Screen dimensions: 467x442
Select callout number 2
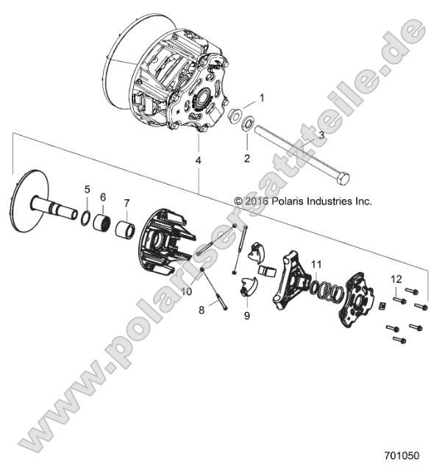247,157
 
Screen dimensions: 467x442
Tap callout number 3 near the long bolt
320,135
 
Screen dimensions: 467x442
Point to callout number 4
197,160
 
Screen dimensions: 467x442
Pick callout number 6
103,197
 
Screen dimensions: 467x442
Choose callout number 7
126,203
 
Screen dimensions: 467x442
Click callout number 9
247,316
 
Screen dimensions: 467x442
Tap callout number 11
316,263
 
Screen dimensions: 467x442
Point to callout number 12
396,278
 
